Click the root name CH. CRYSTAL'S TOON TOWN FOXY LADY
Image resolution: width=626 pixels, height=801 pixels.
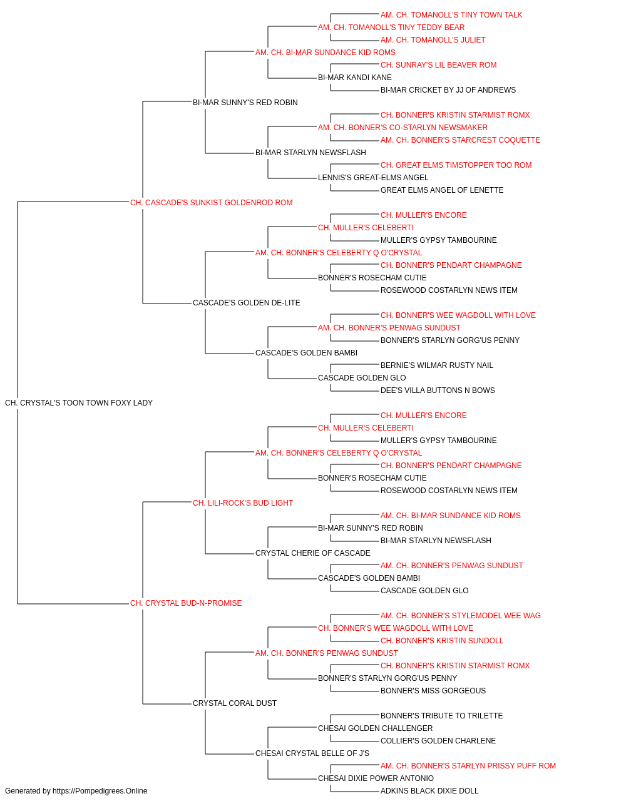pyautogui.click(x=78, y=403)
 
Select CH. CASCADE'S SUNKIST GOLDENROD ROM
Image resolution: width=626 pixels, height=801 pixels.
pyautogui.click(x=211, y=203)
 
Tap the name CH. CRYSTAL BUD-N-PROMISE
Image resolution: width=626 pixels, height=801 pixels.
pyautogui.click(x=186, y=603)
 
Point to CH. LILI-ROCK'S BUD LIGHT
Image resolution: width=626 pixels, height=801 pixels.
pyautogui.click(x=243, y=503)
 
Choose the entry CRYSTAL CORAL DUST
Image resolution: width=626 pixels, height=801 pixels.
pyautogui.click(x=235, y=703)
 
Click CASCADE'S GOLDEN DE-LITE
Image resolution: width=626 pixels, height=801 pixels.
pyautogui.click(x=246, y=303)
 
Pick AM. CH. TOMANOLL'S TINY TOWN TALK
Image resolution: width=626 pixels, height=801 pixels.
pyautogui.click(x=451, y=15)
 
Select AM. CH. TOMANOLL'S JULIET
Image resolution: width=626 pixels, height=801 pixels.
pyautogui.click(x=433, y=40)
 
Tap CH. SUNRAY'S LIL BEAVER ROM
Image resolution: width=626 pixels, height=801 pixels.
pyautogui.click(x=438, y=65)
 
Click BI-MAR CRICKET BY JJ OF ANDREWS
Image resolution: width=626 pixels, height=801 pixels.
pyautogui.click(x=448, y=90)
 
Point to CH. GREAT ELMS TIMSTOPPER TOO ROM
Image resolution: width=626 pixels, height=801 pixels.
pyautogui.click(x=456, y=165)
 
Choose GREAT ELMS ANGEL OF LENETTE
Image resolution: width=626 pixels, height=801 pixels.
pyautogui.click(x=442, y=190)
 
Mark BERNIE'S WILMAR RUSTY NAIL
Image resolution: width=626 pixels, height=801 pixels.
pyautogui.click(x=436, y=365)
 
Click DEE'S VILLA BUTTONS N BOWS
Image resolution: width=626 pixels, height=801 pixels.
pyautogui.click(x=438, y=390)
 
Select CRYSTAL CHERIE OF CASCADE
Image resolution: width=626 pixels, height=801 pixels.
pyautogui.click(x=312, y=553)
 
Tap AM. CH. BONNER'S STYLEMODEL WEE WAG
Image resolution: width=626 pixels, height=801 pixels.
pyautogui.click(x=461, y=616)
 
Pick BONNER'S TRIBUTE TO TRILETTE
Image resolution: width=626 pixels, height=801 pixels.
pyautogui.click(x=442, y=715)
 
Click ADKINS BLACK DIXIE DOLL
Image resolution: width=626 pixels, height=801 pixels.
pyautogui.click(x=429, y=791)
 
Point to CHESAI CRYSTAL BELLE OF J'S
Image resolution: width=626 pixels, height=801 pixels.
pyautogui.click(x=312, y=753)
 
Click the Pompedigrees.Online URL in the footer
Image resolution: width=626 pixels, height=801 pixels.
pyautogui.click(x=100, y=791)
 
